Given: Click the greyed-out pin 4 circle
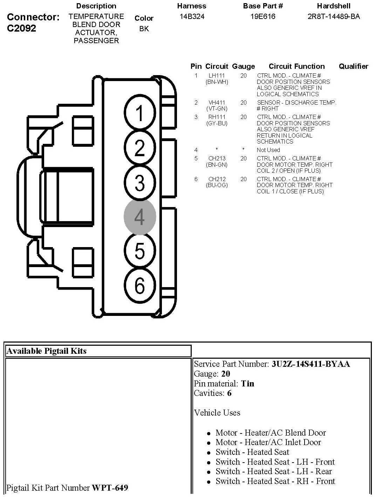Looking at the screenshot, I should point(139,217).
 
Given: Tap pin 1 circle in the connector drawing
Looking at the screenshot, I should point(139,113).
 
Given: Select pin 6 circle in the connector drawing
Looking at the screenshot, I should point(139,285).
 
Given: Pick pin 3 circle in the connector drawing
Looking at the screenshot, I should point(139,183).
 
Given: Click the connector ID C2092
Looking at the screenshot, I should point(21,28).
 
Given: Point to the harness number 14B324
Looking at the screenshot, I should point(192,16).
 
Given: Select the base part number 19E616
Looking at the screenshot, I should point(262,16).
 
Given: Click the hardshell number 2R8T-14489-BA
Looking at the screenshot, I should point(333,16).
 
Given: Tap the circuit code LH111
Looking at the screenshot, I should point(217,75).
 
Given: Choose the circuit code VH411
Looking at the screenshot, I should point(217,102).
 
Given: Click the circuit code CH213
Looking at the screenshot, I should point(217,158).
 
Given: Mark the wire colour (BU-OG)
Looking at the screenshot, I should point(217,185).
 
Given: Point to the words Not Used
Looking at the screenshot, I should point(268,150).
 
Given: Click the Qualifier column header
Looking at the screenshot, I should point(353,66).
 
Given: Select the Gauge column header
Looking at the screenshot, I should point(244,66).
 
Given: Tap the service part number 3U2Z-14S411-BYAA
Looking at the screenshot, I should point(311,364).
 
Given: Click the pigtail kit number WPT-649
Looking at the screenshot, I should point(110,488).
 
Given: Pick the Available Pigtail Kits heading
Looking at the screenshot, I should point(47,351).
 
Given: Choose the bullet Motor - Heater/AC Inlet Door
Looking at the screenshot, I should point(268,442).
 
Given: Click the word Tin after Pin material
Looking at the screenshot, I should point(247,383).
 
